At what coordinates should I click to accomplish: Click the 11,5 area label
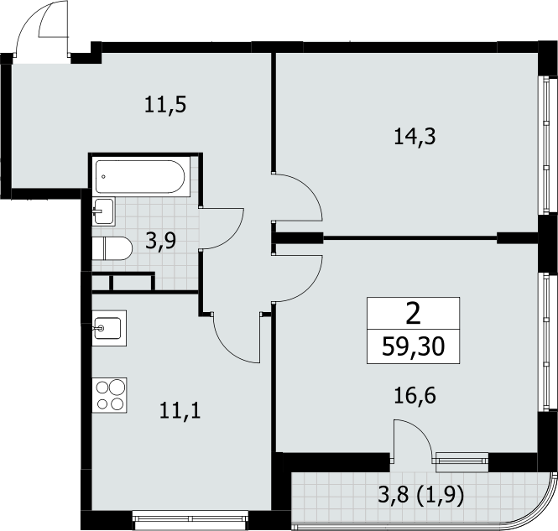[x=165, y=105]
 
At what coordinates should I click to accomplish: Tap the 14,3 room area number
[x=415, y=137]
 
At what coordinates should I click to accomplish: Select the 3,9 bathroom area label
[x=161, y=241]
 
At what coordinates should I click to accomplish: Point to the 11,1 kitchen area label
[x=180, y=410]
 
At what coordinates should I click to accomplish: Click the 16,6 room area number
[x=415, y=395]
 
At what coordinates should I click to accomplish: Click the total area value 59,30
[x=413, y=346]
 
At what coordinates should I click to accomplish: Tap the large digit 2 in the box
[x=413, y=314]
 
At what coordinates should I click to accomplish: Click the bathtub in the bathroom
[x=140, y=176]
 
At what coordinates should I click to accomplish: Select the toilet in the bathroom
[x=112, y=248]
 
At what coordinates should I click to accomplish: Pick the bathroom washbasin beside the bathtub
[x=104, y=211]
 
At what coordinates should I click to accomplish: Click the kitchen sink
[x=109, y=328]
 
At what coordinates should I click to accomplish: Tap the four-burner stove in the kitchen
[x=110, y=395]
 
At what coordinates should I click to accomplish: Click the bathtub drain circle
[x=103, y=176]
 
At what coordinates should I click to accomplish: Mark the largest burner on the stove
[x=117, y=387]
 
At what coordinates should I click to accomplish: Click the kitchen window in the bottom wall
[x=190, y=520]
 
